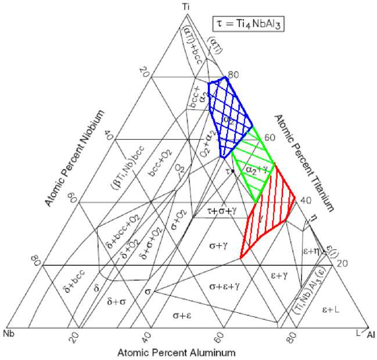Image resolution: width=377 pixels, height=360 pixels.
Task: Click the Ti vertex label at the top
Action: [x=185, y=6]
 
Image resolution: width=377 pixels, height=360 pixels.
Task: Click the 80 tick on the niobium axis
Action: [x=36, y=262]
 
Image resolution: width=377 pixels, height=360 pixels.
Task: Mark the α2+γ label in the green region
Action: [x=256, y=169]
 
